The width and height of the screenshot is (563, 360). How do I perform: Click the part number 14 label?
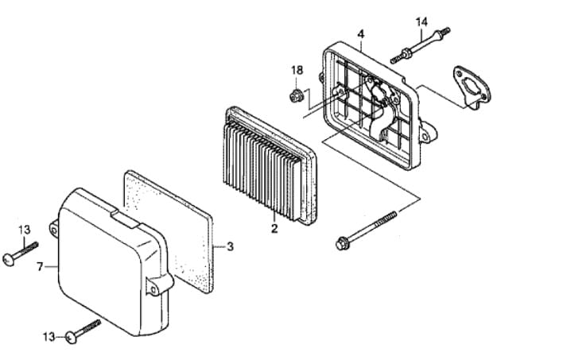(x=421, y=22)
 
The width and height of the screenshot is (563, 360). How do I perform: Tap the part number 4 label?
(x=361, y=34)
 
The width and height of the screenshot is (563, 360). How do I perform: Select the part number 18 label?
(x=297, y=71)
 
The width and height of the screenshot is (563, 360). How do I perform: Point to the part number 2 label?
(x=274, y=228)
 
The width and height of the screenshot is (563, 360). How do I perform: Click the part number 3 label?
(x=230, y=246)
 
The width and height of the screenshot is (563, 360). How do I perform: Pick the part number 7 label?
(x=40, y=267)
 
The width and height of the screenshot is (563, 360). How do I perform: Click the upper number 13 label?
(x=25, y=230)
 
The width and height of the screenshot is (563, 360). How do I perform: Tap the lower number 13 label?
(x=49, y=337)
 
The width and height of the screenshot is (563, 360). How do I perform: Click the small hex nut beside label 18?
(x=295, y=96)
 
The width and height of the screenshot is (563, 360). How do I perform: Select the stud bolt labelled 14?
(x=420, y=45)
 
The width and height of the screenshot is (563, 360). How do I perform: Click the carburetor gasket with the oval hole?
(x=472, y=87)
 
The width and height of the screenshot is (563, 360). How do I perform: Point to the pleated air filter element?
(x=270, y=165)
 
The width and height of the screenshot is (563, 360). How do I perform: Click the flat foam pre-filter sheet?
(x=169, y=231)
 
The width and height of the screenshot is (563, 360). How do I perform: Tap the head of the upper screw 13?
(x=9, y=259)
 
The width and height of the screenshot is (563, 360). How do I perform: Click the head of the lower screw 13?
(x=72, y=338)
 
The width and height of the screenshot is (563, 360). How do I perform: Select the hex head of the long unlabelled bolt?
(x=341, y=244)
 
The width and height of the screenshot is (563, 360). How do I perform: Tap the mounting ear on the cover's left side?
(x=54, y=229)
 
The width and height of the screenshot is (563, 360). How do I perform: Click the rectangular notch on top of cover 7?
(x=126, y=219)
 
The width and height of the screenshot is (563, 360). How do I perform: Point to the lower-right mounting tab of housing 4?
(x=428, y=132)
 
